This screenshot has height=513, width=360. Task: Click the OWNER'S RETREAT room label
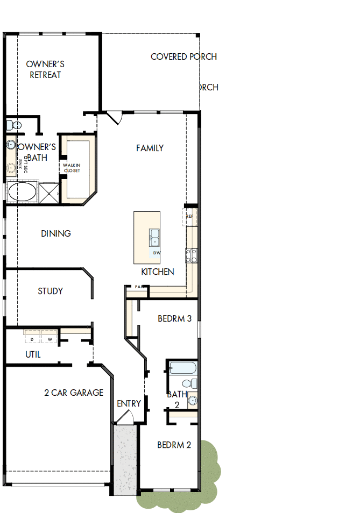45,69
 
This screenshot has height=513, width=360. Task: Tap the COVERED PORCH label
183,56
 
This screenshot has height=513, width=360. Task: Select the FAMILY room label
150,148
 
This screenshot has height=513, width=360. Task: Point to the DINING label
56,234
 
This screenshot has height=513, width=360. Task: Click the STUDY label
50,291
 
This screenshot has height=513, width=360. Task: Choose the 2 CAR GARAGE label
74,393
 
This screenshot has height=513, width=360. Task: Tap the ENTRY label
129,403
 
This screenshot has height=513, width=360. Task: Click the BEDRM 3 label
174,318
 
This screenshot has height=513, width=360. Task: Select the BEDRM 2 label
174,445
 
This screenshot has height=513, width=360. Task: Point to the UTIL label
33,355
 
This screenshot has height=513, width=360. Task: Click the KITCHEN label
158,272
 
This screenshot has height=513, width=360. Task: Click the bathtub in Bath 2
181,368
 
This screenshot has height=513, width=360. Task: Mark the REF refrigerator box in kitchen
190,216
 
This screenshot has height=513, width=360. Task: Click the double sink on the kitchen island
154,236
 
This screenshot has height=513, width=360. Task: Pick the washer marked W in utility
50,339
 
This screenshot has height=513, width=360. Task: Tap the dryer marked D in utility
32,339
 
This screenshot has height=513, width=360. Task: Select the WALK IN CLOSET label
72,168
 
